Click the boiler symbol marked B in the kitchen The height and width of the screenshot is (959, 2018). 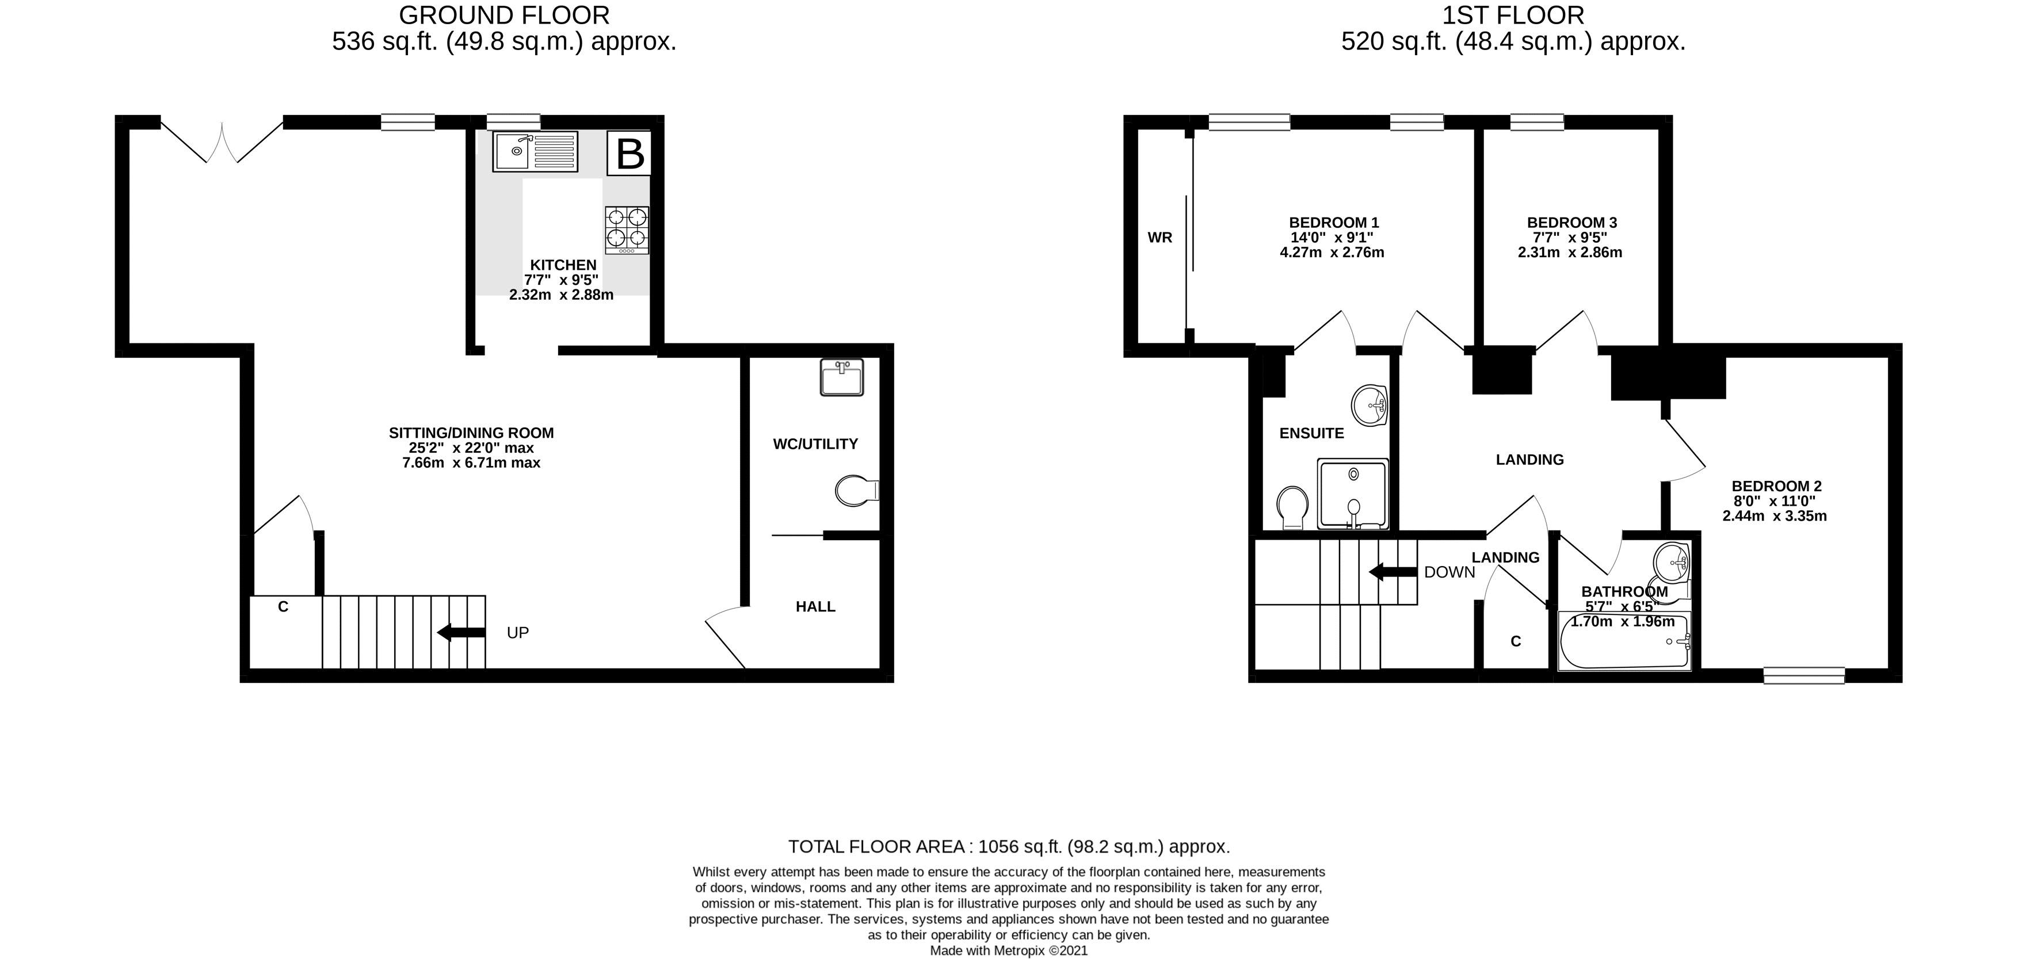629,154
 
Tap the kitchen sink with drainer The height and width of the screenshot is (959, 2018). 535,151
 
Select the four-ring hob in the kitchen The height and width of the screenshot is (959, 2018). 627,230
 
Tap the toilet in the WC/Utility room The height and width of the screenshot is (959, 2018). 857,491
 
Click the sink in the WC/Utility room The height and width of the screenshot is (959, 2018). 842,377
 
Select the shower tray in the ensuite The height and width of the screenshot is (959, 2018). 1353,494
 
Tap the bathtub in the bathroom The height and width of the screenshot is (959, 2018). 1625,641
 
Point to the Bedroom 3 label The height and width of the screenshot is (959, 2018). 1571,223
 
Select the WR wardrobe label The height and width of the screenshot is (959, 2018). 1160,238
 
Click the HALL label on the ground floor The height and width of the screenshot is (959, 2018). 815,606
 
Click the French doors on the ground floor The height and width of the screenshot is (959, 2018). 222,141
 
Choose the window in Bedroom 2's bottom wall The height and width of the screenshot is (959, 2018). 1804,675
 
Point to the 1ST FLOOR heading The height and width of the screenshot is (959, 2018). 1513,15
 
